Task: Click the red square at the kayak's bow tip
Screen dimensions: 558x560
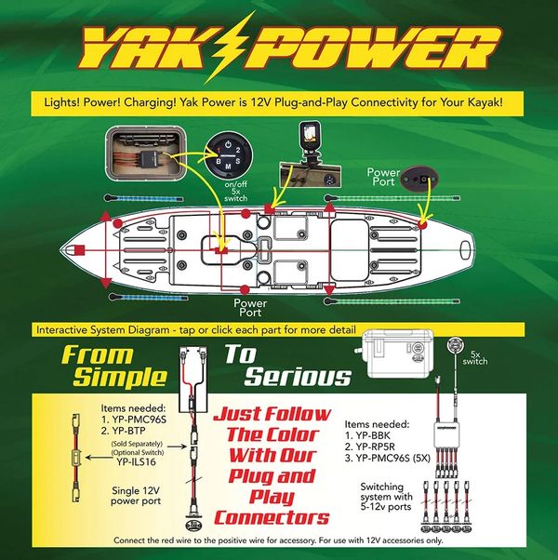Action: (x=79, y=249)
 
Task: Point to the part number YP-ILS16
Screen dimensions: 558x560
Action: (x=136, y=462)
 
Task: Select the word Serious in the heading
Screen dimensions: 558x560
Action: (x=299, y=377)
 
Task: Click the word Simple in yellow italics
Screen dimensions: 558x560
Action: (x=120, y=377)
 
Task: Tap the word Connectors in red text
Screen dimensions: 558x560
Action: (x=272, y=517)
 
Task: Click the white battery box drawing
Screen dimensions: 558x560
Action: (x=398, y=354)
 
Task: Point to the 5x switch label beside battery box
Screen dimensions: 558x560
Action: (x=475, y=358)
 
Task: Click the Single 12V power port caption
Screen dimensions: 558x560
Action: (x=136, y=496)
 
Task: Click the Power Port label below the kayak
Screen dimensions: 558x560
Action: (x=250, y=308)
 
